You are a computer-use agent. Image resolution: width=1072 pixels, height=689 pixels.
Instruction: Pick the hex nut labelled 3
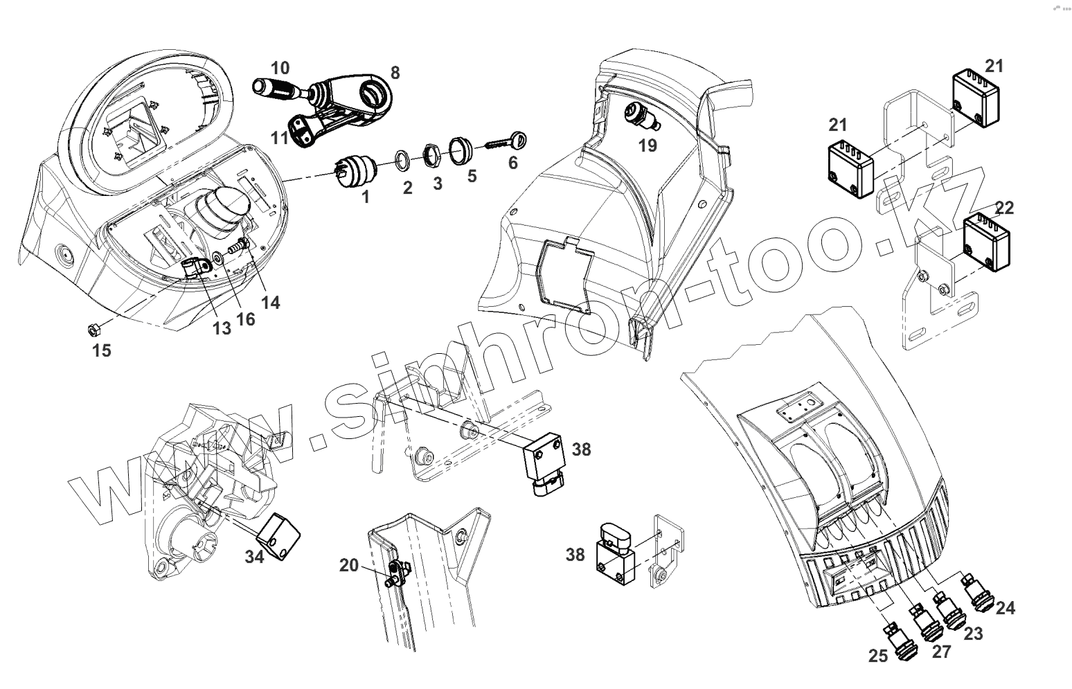(429, 154)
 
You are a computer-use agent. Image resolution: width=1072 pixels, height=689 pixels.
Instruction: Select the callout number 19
(647, 145)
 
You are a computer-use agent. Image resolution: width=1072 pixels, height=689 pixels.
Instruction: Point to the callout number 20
(349, 565)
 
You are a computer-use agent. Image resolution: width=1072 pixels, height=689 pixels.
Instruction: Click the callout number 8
(395, 73)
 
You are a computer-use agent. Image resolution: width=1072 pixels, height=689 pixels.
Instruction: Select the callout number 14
(271, 302)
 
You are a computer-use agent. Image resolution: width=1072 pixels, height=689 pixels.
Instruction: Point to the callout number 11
(279, 137)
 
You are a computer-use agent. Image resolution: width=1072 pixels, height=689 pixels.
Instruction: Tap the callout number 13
(222, 328)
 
